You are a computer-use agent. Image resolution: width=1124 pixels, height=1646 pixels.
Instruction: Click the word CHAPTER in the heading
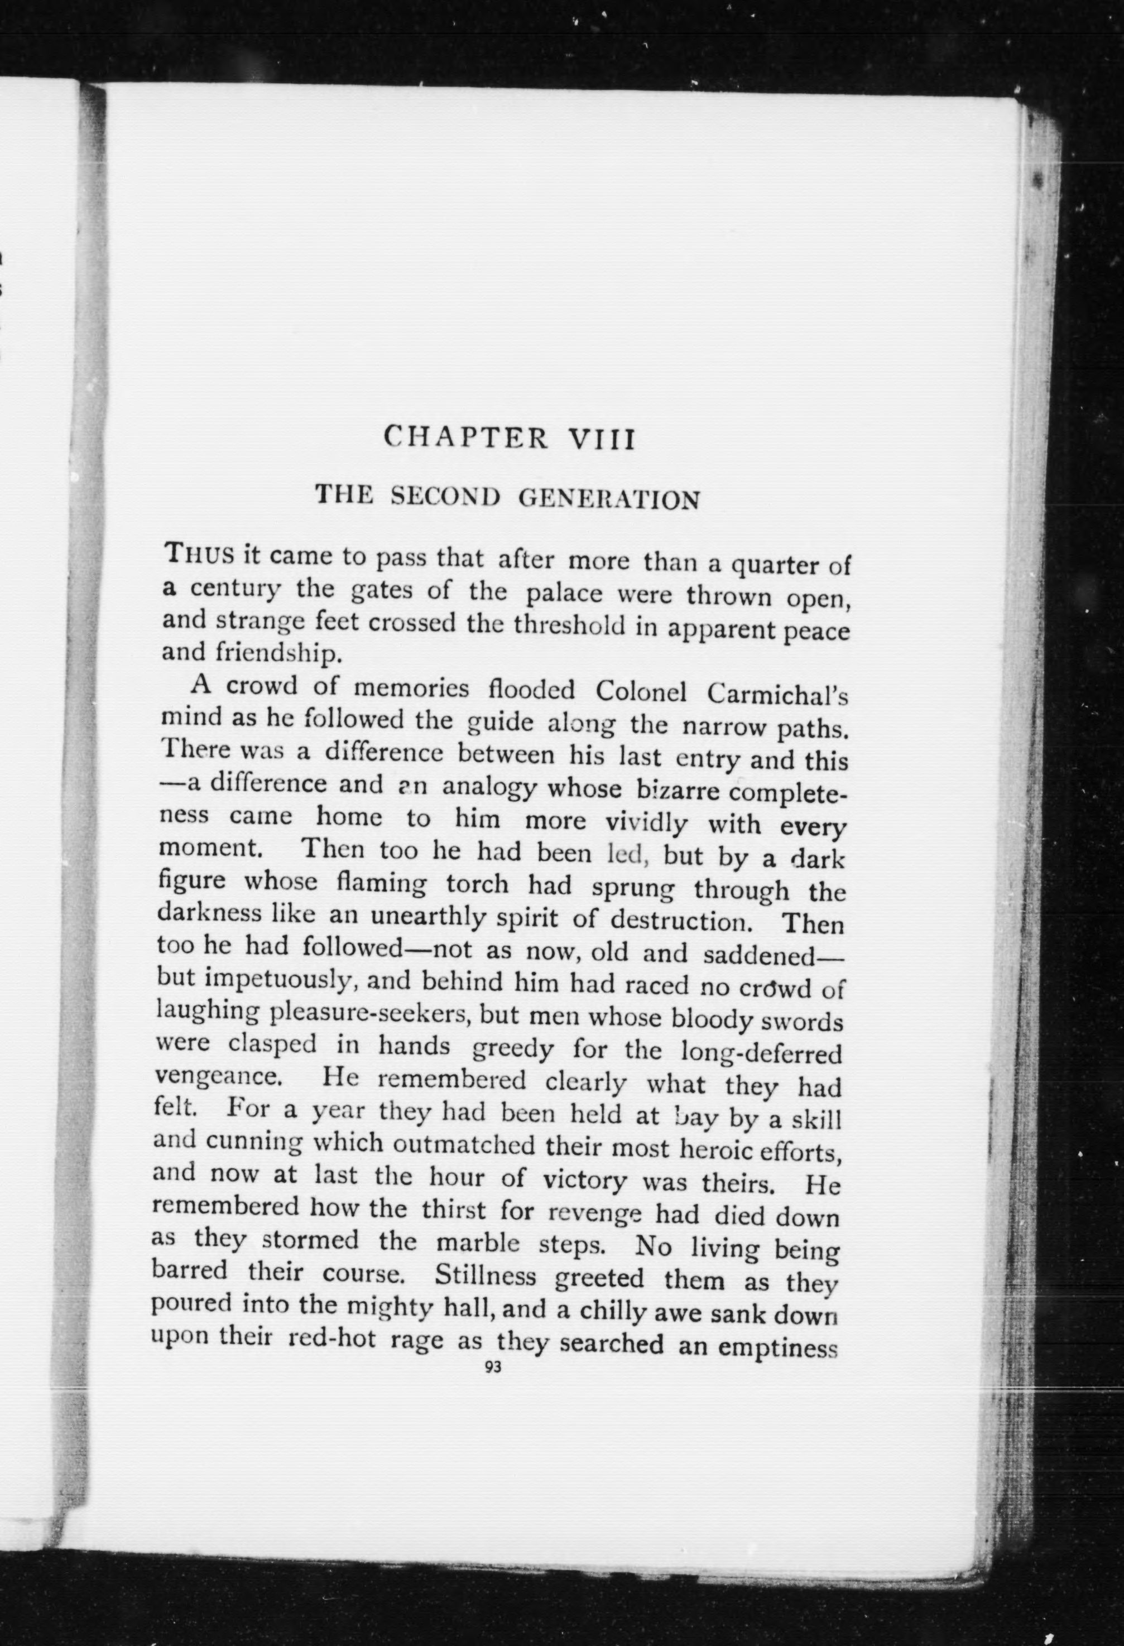[x=465, y=437]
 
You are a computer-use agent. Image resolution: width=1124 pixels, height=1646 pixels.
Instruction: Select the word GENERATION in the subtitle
[x=609, y=500]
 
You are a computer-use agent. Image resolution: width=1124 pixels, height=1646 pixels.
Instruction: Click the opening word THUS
[x=198, y=553]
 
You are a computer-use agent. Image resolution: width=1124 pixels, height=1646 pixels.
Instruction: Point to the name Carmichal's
[x=777, y=694]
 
